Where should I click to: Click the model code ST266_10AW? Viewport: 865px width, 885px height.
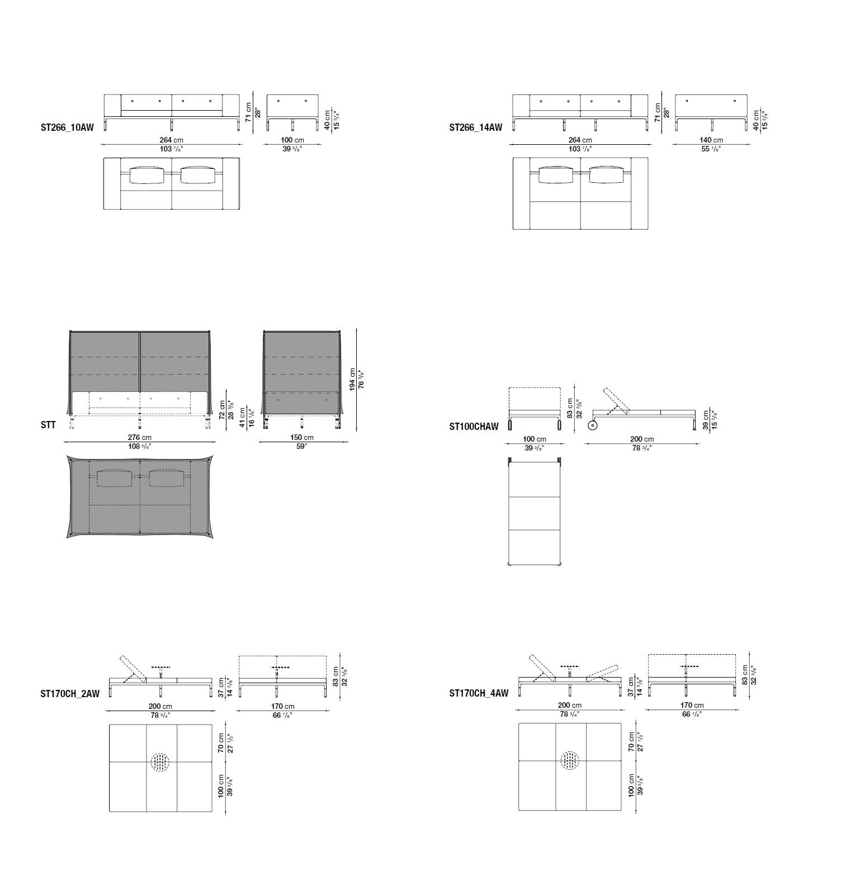(67, 127)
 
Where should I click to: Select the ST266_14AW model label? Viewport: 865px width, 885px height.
(476, 127)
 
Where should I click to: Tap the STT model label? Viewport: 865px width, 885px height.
(48, 425)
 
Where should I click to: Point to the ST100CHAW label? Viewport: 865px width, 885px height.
(474, 427)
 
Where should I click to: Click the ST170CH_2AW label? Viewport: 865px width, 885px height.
(70, 694)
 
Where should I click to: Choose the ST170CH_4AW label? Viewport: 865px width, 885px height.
(479, 693)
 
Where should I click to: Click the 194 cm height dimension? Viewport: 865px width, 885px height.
(352, 379)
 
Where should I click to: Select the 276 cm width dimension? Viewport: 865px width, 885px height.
(140, 438)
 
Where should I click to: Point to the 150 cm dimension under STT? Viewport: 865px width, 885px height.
(302, 438)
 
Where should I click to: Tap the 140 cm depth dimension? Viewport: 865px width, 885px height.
(711, 140)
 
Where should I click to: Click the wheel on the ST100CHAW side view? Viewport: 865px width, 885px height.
(593, 425)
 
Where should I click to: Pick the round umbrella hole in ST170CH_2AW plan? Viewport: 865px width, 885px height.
(160, 762)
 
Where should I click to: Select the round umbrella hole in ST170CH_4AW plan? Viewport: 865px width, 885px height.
(570, 761)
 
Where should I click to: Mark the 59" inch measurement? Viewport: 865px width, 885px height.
(302, 447)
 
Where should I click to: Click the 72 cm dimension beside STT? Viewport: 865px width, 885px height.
(221, 410)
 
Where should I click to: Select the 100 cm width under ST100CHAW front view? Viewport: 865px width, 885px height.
(535, 439)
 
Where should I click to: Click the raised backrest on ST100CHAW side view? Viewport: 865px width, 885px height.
(616, 400)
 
